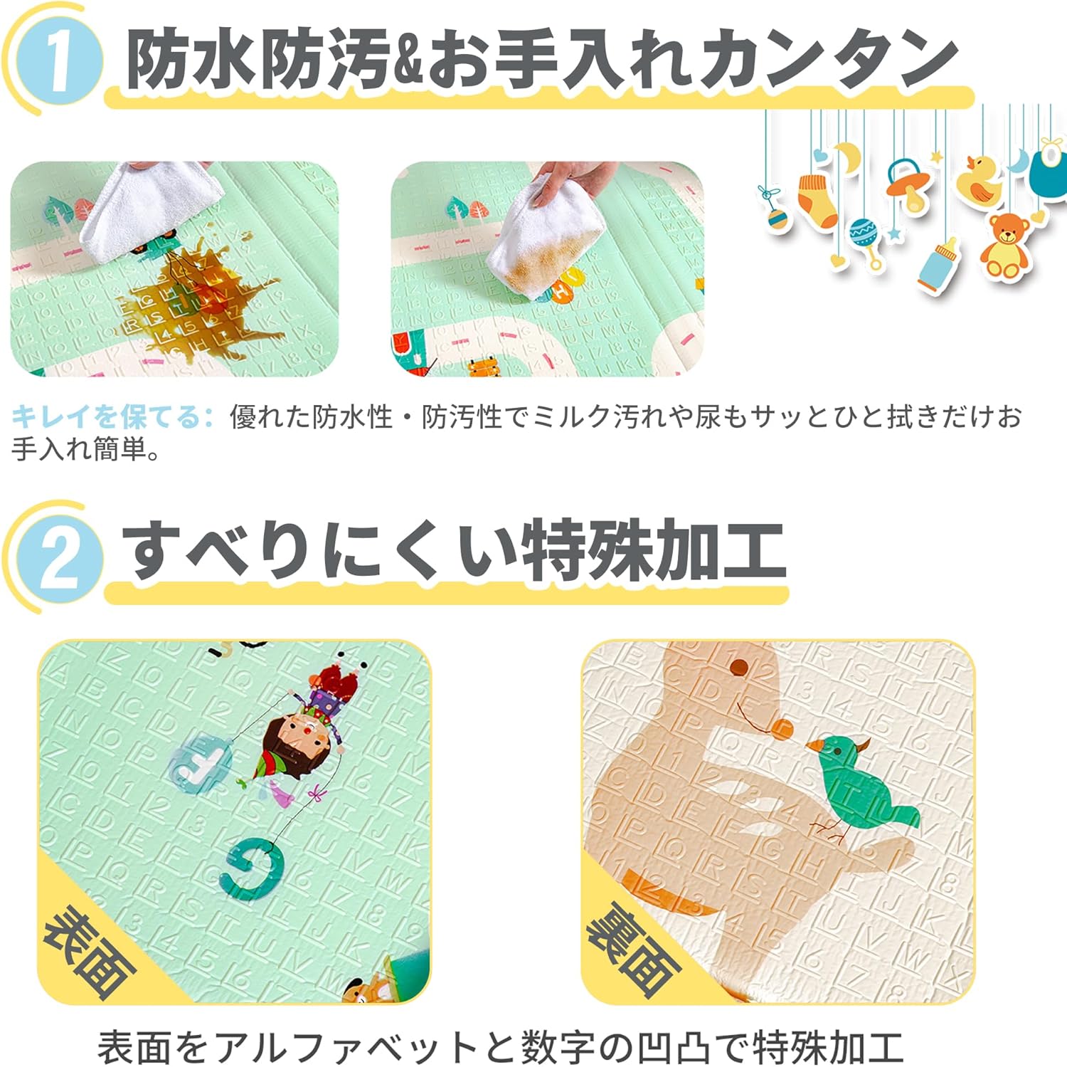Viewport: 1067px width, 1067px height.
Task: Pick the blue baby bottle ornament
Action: click(935, 264)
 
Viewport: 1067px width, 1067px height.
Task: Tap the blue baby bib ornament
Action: click(1047, 169)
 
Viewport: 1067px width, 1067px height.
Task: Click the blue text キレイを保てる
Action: click(110, 416)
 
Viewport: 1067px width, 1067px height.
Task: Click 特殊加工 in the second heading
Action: click(654, 552)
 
